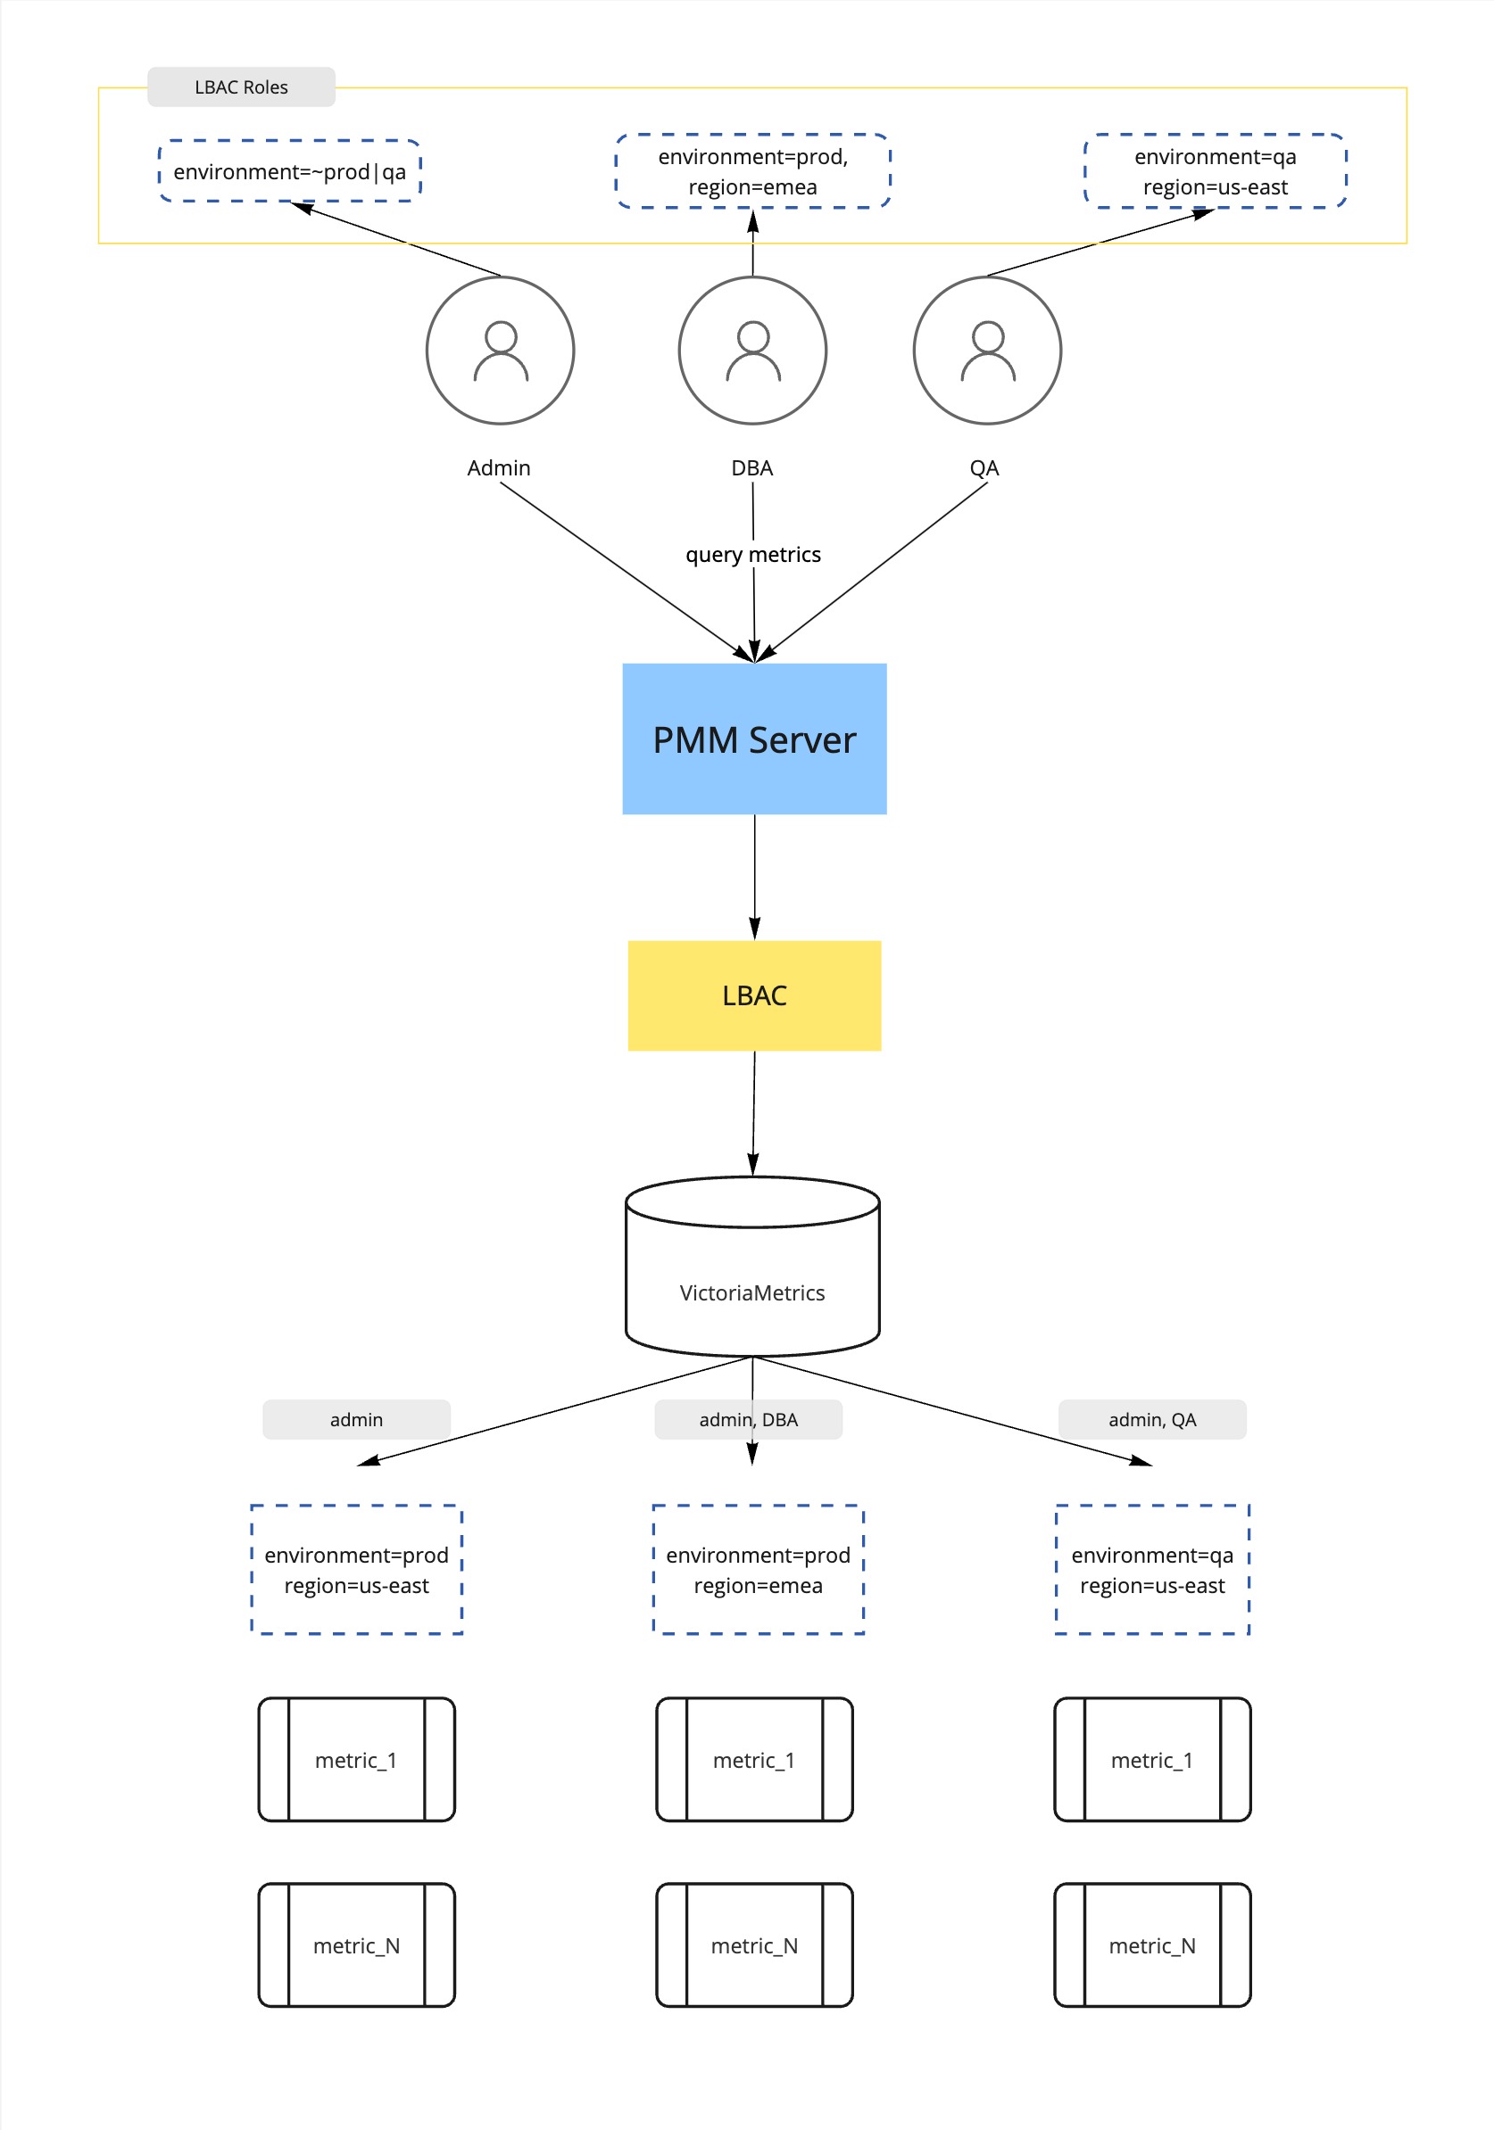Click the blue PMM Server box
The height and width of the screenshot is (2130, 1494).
tap(753, 739)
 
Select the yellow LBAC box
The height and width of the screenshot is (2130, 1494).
tap(753, 995)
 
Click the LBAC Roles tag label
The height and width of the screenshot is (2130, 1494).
tap(241, 87)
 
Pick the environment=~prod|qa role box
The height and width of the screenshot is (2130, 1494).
tap(289, 171)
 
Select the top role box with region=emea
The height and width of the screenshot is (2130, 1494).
tap(752, 171)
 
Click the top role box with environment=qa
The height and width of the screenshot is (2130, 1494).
tap(1215, 171)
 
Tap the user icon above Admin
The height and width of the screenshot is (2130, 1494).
tap(500, 351)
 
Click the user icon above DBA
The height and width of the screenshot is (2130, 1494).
tap(752, 351)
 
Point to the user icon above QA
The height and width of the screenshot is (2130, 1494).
tap(987, 351)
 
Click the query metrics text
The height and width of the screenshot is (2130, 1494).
tap(752, 555)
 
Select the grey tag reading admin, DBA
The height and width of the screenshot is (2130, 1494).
tap(748, 1419)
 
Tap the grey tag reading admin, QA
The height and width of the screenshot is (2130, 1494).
tap(1151, 1419)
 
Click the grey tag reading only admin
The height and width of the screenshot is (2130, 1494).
tap(356, 1419)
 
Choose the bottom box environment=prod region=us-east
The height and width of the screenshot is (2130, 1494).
tap(356, 1570)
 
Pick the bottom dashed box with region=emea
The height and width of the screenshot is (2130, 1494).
tap(758, 1570)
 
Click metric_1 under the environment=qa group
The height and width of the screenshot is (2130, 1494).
tap(1151, 1760)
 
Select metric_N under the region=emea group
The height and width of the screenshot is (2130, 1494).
tap(753, 1945)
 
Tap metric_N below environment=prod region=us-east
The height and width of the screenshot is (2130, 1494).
tap(356, 1945)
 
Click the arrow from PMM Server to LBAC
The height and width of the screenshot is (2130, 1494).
tap(754, 877)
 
